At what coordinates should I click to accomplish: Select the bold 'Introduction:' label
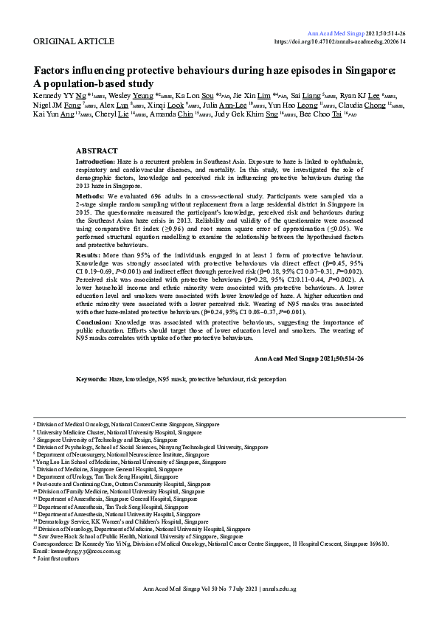pos(96,161)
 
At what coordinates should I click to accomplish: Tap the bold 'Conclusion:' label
pos(95,322)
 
